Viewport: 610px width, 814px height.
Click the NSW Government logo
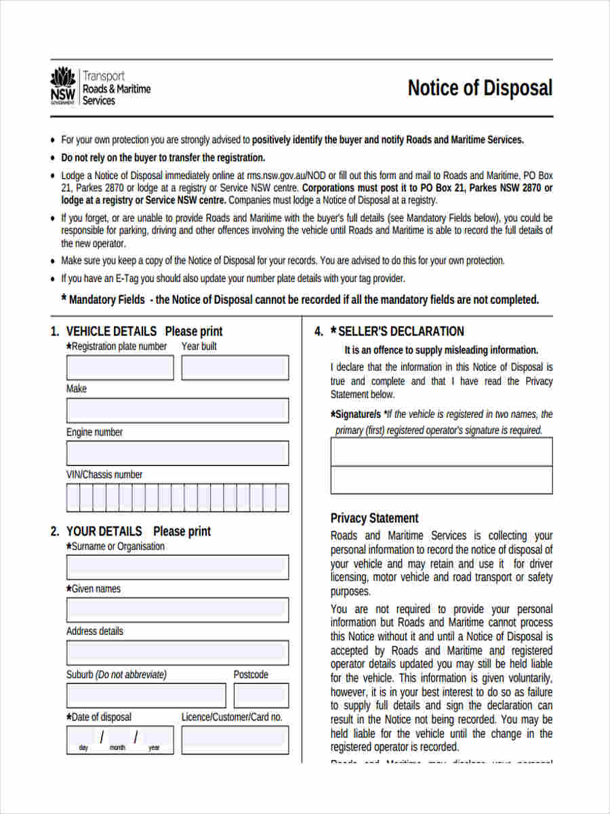click(x=63, y=86)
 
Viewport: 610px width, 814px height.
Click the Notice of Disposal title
click(x=480, y=88)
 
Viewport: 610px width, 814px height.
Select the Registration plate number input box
click(x=120, y=368)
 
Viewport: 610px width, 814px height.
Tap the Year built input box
click(x=235, y=368)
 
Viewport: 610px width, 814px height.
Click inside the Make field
click(x=177, y=410)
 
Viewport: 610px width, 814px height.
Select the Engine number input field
click(x=177, y=453)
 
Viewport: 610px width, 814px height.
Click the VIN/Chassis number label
click(x=104, y=475)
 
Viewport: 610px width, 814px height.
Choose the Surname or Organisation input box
click(x=177, y=567)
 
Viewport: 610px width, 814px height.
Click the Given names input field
click(x=177, y=609)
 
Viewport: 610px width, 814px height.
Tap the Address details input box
click(x=177, y=653)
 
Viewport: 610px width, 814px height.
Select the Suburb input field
click(x=146, y=695)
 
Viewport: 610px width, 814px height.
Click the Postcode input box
click(x=261, y=695)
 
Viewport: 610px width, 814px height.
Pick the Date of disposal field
click(x=120, y=739)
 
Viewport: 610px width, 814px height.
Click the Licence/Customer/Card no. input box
click(x=235, y=739)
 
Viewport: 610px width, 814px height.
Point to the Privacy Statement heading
click(x=374, y=518)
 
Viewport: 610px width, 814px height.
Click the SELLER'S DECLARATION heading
click(x=401, y=331)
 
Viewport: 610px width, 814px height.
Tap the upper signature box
click(x=441, y=452)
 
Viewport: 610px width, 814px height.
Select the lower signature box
click(x=441, y=480)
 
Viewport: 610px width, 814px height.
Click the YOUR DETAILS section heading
click(x=104, y=531)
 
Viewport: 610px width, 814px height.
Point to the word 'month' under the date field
click(x=117, y=748)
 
